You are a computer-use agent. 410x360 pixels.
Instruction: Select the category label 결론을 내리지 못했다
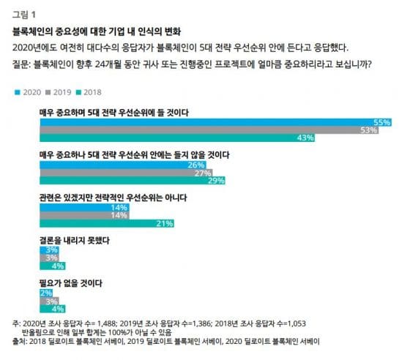click(74, 240)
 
